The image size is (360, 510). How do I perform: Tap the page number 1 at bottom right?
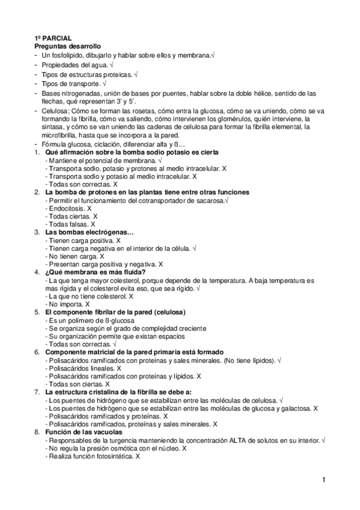(x=323, y=479)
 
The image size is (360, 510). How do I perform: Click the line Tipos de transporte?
(x=70, y=83)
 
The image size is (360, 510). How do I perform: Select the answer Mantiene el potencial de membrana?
(x=99, y=161)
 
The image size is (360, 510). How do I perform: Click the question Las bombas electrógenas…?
(x=89, y=232)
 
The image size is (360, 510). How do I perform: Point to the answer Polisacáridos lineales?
(x=81, y=368)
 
